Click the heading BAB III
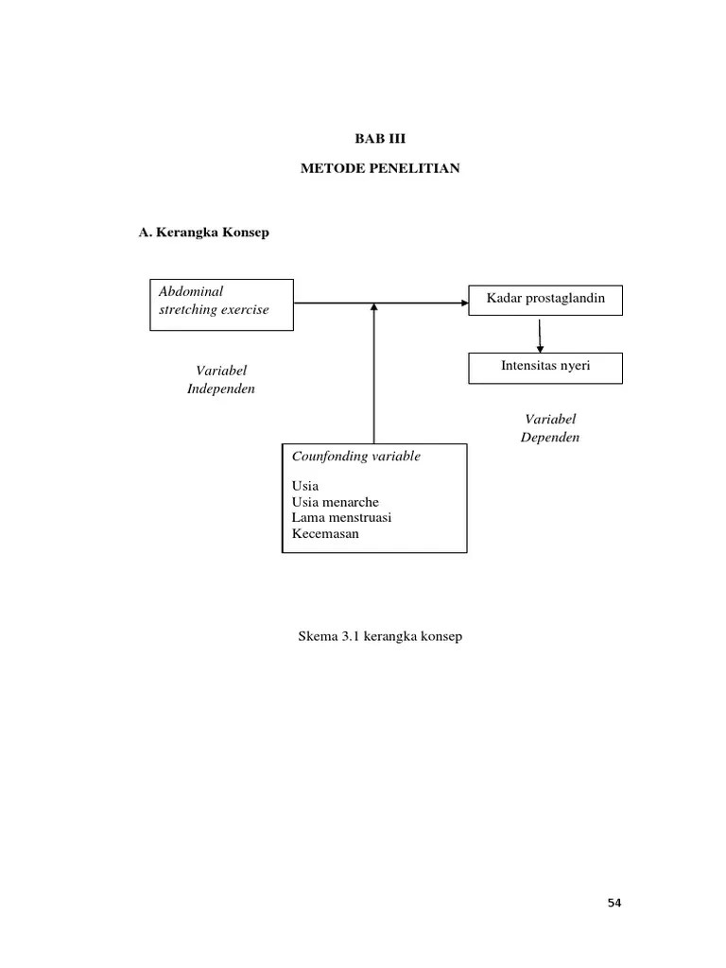point(379,137)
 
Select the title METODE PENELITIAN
point(379,168)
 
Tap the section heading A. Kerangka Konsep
point(203,233)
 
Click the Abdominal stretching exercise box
point(221,303)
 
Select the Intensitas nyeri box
point(545,367)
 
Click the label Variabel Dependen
point(549,428)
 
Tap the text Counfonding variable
point(356,457)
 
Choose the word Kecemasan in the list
point(326,534)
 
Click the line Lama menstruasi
point(341,518)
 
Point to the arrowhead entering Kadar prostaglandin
point(463,303)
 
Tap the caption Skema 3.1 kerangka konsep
point(380,637)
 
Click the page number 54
point(614,904)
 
